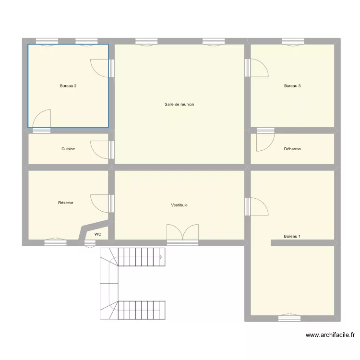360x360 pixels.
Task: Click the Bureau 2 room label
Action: (x=68, y=86)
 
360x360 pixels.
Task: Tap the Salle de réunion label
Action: (x=180, y=104)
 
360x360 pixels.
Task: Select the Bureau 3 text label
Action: (x=292, y=86)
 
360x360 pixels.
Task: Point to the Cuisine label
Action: (x=68, y=149)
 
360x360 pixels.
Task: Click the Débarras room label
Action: (x=292, y=149)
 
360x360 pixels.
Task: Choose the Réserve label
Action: (x=66, y=203)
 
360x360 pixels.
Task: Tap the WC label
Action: (x=98, y=234)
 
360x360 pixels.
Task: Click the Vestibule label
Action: (x=180, y=205)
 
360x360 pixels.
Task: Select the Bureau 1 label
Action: (x=292, y=236)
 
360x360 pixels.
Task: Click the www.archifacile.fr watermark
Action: (x=330, y=335)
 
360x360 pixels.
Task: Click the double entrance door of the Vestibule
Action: (x=182, y=235)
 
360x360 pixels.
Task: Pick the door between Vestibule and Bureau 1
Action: (x=256, y=206)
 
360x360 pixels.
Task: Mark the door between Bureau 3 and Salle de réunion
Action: (x=256, y=68)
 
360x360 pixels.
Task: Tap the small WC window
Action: (x=90, y=244)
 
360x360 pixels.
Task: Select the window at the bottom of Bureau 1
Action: (x=289, y=318)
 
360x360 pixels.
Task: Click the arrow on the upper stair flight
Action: (x=161, y=257)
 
